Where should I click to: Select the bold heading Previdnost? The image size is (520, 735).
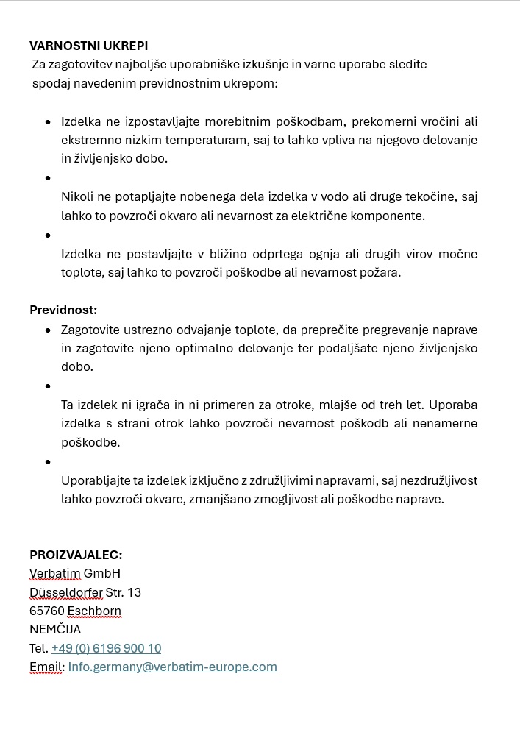[x=63, y=310]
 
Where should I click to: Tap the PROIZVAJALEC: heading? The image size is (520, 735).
[x=76, y=555]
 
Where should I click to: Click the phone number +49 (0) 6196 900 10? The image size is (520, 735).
[x=106, y=648]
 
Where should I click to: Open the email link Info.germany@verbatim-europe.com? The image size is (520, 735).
[x=172, y=667]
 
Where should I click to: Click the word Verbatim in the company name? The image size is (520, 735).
[x=54, y=573]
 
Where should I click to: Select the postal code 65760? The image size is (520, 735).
[x=46, y=611]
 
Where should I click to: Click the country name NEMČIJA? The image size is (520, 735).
[x=55, y=630]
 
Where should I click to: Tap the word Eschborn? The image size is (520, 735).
[x=94, y=611]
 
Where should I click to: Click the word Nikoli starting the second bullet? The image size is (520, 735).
[x=77, y=197]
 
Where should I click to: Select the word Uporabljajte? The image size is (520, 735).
[x=96, y=480]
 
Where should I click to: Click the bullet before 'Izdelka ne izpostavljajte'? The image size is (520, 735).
[x=49, y=121]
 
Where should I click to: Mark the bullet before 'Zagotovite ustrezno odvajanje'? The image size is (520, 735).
[x=49, y=329]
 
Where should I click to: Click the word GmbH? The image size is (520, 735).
[x=102, y=573]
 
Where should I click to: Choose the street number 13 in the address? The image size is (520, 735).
[x=134, y=592]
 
